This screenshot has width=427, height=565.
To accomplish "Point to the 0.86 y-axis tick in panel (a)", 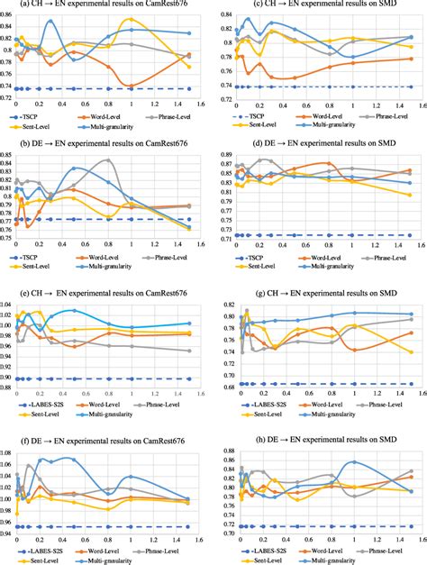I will [x=6, y=8].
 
